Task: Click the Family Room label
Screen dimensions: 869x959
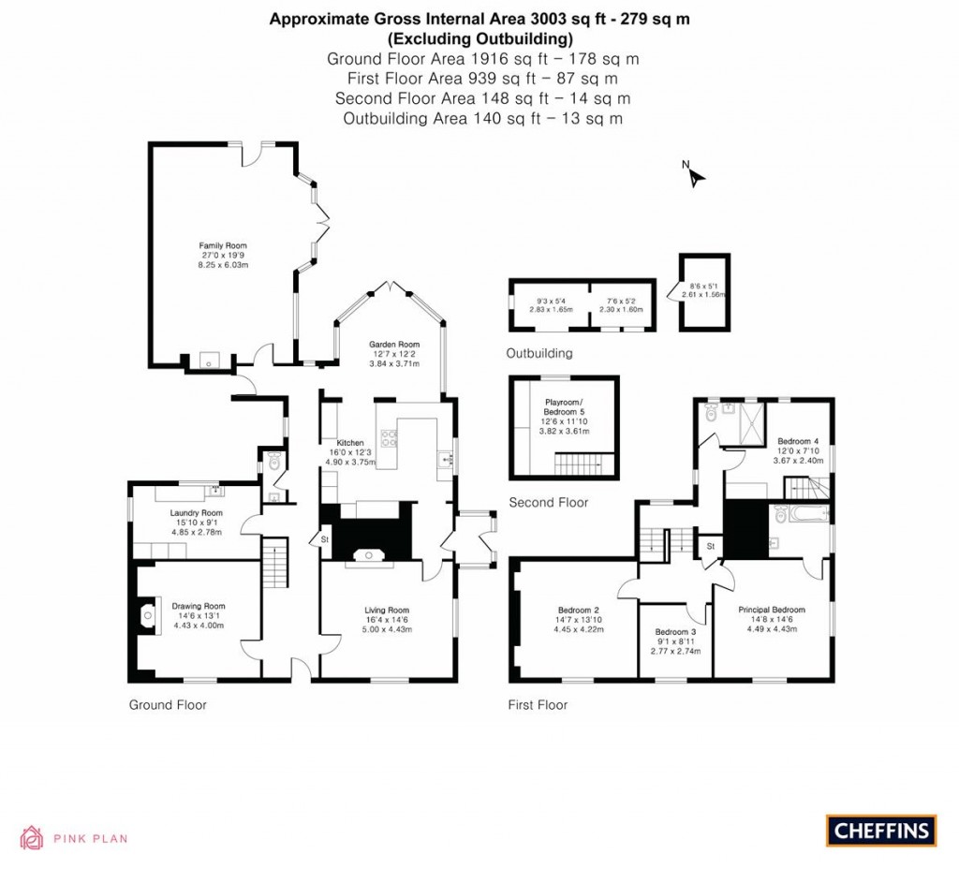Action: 223,245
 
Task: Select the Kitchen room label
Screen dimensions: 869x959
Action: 350,442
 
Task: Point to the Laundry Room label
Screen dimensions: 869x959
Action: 196,513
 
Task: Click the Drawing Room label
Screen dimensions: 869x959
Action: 198,606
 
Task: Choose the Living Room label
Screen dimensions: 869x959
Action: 387,611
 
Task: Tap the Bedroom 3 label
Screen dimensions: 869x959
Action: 675,631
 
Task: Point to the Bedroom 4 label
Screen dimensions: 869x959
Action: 797,441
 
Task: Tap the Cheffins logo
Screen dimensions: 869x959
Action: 880,830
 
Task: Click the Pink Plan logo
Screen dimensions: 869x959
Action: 74,838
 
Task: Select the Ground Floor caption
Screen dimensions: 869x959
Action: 168,705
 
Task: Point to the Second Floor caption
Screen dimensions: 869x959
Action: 548,503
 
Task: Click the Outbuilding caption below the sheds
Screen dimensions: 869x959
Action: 539,354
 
